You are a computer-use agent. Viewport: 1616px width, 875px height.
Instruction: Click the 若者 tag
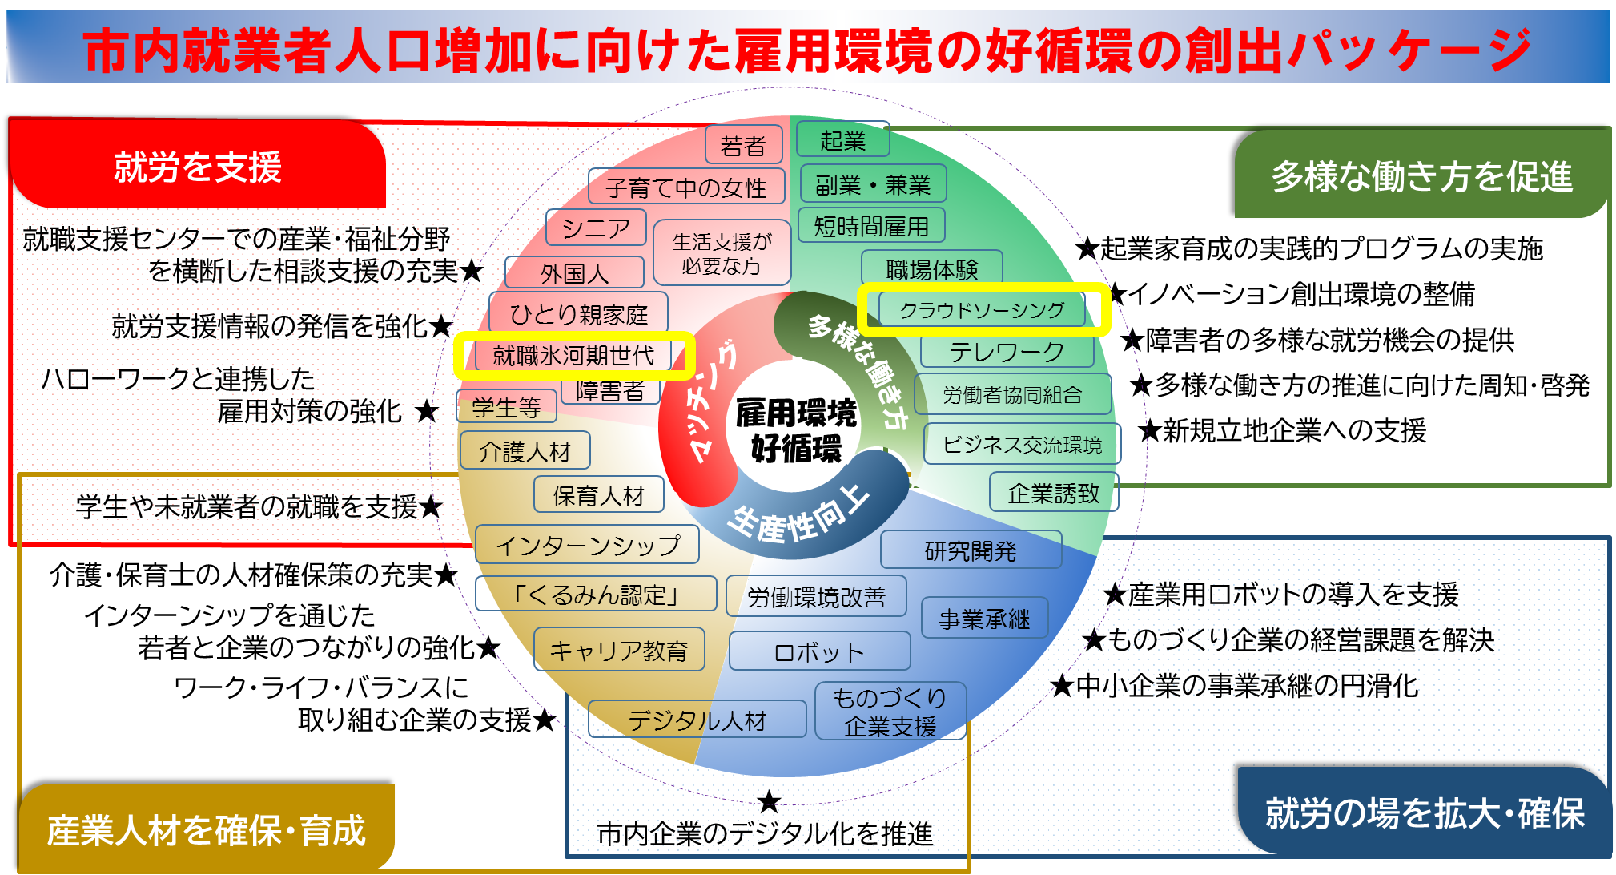point(743,145)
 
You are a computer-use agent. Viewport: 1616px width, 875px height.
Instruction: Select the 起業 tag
point(842,140)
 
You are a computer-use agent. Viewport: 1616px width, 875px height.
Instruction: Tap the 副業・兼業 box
point(873,184)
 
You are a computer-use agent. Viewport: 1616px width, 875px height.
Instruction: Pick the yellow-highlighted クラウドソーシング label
point(983,310)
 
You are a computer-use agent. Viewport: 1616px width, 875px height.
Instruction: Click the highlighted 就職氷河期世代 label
point(573,356)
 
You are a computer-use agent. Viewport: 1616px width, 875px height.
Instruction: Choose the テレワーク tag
point(1007,352)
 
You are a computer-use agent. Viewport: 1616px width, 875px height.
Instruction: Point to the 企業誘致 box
point(1053,493)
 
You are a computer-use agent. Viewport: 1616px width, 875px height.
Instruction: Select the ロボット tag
point(819,651)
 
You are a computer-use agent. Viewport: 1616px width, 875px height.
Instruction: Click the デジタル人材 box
point(697,720)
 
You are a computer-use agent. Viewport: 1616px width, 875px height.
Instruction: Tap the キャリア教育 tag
point(619,650)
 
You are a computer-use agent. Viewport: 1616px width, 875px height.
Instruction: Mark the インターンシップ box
point(587,545)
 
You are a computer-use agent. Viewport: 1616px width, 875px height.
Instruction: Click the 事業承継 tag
point(984,618)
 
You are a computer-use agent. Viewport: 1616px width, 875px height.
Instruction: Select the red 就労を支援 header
point(198,167)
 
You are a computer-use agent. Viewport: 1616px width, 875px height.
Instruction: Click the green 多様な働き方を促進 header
point(1421,175)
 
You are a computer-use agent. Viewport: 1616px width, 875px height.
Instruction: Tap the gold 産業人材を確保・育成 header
point(206,829)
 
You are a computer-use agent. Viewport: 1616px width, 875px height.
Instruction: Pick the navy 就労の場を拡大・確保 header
point(1424,812)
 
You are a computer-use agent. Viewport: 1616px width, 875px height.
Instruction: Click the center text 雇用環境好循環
point(796,430)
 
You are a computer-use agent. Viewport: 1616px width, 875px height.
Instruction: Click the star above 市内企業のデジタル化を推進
point(769,800)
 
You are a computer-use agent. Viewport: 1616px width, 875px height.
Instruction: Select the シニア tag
point(596,228)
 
